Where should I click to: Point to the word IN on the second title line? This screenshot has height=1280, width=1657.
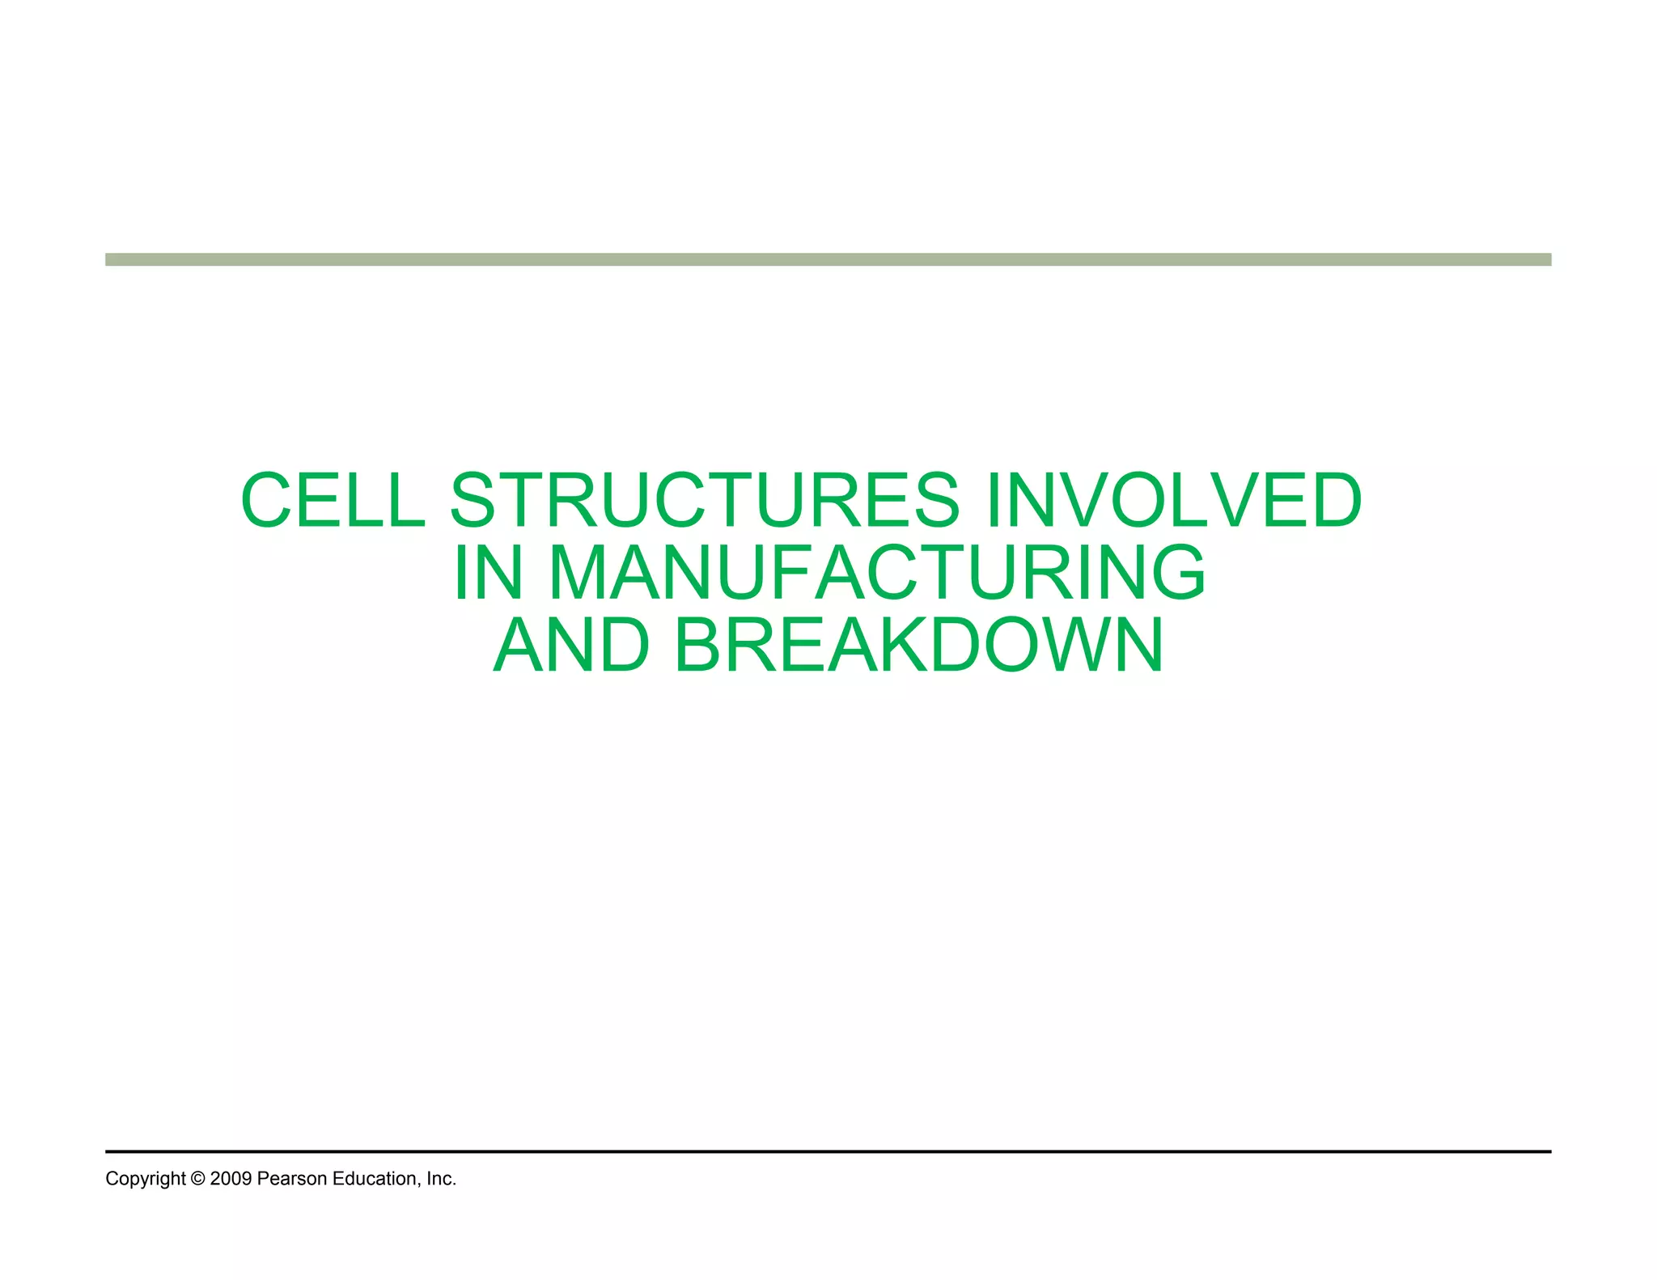pyautogui.click(x=488, y=573)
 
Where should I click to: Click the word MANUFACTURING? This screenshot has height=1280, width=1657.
pyautogui.click(x=877, y=573)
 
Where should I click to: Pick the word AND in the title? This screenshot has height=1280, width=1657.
pyautogui.click(x=571, y=645)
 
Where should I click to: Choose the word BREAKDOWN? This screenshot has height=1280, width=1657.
pyautogui.click(x=918, y=645)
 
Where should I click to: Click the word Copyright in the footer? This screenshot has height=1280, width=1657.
pyautogui.click(x=146, y=1179)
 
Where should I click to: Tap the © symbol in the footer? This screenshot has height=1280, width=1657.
pyautogui.click(x=198, y=1179)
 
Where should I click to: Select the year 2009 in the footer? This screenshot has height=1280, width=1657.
pyautogui.click(x=231, y=1179)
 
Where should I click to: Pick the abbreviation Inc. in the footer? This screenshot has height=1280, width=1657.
pyautogui.click(x=442, y=1179)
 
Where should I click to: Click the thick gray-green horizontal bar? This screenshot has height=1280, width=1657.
pyautogui.click(x=828, y=260)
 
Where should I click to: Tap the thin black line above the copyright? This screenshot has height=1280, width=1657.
pyautogui.click(x=828, y=1151)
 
